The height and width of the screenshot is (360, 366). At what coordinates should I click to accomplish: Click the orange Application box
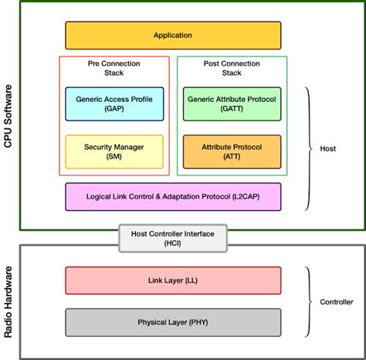[172, 36]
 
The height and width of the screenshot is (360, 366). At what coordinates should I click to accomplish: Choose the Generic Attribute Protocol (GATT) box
[231, 104]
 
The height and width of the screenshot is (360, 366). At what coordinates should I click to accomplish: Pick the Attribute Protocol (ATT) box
[231, 151]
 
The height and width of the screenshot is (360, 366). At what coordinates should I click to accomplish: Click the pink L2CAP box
[172, 197]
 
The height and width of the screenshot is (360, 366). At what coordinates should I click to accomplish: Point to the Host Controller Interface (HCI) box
[172, 237]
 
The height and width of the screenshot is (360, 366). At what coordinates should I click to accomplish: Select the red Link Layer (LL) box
[172, 280]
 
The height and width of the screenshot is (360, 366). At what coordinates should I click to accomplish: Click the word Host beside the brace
[327, 149]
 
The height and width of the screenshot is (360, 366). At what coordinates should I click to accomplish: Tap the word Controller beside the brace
[337, 302]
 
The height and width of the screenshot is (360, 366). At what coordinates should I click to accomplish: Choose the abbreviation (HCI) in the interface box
[172, 243]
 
